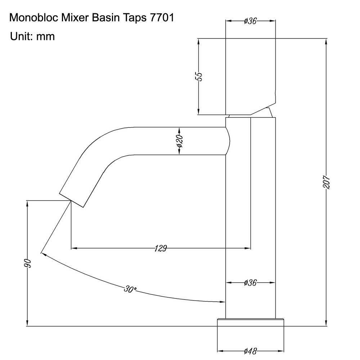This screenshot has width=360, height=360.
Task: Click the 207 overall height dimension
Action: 326,183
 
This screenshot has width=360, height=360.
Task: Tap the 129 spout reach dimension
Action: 161,248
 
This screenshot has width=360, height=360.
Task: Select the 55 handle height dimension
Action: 198,76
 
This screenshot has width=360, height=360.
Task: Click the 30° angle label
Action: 130,289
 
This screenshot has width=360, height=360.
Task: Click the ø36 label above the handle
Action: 250,21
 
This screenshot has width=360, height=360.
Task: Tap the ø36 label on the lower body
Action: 250,283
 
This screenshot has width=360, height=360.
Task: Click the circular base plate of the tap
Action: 251,322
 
